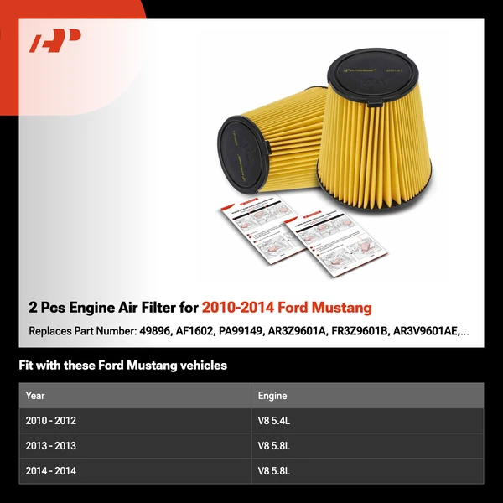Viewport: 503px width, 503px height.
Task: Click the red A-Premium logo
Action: pos(55,41)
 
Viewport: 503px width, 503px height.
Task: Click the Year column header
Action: pos(35,396)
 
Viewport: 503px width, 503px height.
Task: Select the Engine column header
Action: pos(272,396)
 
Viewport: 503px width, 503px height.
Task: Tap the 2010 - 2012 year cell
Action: pos(51,421)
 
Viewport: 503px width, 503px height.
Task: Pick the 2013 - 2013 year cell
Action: pos(51,446)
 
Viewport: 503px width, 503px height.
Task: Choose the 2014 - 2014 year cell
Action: pos(51,471)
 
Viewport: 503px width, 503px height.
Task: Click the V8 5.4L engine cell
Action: pos(275,421)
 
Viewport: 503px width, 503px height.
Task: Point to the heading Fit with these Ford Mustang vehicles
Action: pos(122,366)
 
